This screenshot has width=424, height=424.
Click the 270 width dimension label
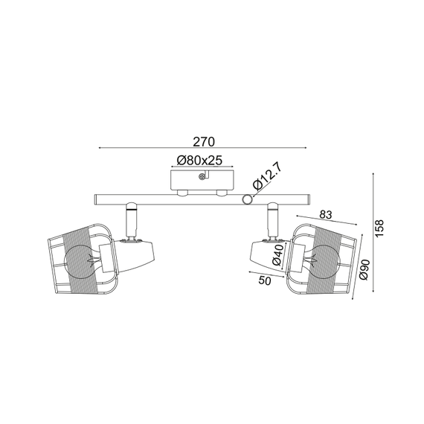coord(203,141)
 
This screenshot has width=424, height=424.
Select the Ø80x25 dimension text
coord(202,160)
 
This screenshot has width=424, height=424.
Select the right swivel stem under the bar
coord(272,219)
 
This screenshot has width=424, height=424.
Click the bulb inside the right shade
coord(323,260)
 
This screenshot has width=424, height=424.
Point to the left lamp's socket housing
coord(138,254)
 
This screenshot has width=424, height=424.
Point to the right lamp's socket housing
coord(265,254)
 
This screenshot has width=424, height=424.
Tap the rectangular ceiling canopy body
coord(202,181)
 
